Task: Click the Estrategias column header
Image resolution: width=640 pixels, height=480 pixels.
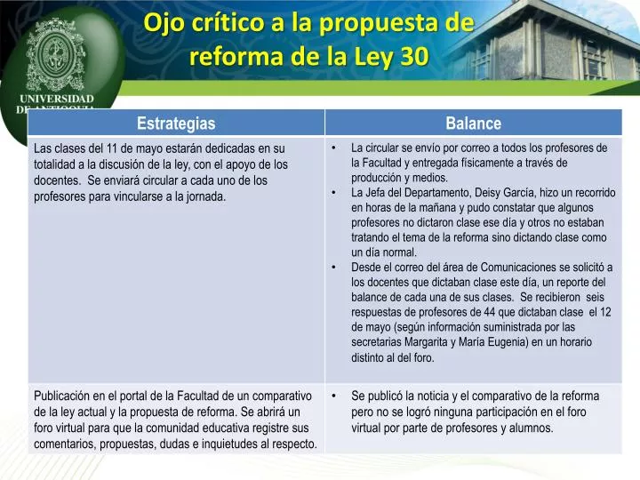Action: (x=175, y=124)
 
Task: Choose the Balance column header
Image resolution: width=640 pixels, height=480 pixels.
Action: (x=473, y=124)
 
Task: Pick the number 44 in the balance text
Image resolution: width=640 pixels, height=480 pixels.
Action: (x=490, y=312)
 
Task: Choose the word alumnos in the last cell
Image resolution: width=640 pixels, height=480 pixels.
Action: (x=530, y=428)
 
